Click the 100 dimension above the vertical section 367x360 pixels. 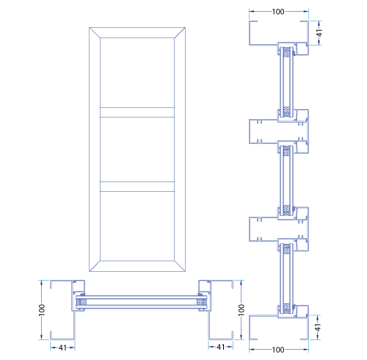(278, 12)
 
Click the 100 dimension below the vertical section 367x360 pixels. (278, 350)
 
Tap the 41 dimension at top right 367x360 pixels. (319, 33)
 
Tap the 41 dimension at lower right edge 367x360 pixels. (318, 327)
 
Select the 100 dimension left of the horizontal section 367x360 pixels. (42, 310)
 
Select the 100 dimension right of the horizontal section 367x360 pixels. (241, 310)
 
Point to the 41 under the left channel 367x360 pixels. (62, 348)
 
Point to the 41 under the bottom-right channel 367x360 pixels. (221, 347)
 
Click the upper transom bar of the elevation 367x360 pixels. (137, 112)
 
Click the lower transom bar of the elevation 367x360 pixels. (137, 187)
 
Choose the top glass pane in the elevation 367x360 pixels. (137, 73)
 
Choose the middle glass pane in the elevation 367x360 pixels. (137, 149)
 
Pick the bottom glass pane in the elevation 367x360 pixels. (137, 226)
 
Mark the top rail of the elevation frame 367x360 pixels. (137, 32)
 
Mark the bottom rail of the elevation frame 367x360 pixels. (137, 266)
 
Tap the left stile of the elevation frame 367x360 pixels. (95, 149)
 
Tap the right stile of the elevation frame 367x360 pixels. (180, 149)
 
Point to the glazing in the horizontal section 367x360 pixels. (141, 302)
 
